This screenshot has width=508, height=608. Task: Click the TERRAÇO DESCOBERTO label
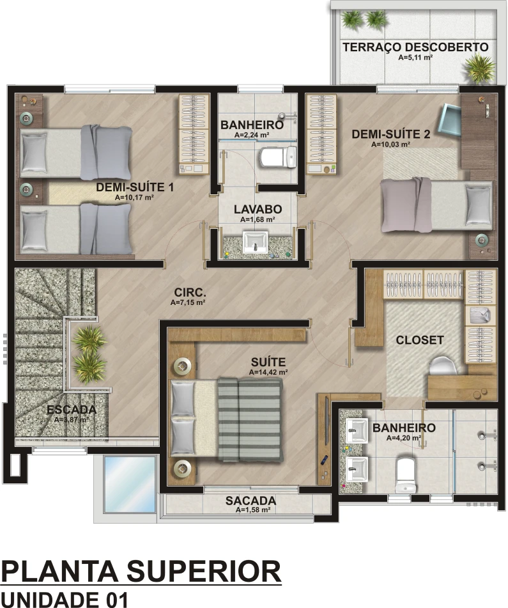click(x=415, y=47)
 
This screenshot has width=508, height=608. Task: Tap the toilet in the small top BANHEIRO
click(x=278, y=157)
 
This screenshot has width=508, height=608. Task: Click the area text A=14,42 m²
click(x=268, y=372)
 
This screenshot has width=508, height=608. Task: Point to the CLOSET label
click(x=420, y=340)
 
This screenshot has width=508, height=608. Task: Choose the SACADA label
click(x=250, y=501)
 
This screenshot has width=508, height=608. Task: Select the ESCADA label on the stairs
click(x=72, y=409)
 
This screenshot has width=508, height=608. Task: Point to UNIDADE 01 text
click(x=65, y=599)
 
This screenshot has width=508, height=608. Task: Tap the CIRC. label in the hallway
click(x=190, y=292)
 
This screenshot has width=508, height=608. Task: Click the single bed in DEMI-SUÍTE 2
click(x=436, y=205)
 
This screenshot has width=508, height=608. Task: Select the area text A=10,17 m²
click(x=134, y=197)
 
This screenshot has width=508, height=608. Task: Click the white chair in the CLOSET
click(x=443, y=366)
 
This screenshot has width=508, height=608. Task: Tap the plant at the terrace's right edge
click(x=481, y=68)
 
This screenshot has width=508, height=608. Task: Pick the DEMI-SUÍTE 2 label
click(x=390, y=134)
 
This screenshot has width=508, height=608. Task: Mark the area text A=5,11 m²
click(x=415, y=58)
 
